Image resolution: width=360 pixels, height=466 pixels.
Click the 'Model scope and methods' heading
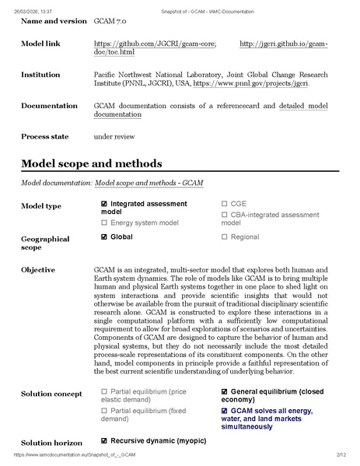pyautogui.click(x=91, y=163)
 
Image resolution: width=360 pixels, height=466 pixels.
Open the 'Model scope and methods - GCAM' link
pyautogui.click(x=149, y=183)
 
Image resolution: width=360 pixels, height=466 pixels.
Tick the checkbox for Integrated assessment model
pyautogui.click(x=104, y=204)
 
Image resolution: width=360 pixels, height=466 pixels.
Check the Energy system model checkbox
pyautogui.click(x=104, y=222)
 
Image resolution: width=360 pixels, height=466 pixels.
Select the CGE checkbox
pyautogui.click(x=225, y=204)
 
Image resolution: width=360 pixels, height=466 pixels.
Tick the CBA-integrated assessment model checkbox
pyautogui.click(x=225, y=214)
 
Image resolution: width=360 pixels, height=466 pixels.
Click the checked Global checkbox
pyautogui.click(x=104, y=237)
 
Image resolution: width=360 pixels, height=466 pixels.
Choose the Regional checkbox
pyautogui.click(x=225, y=237)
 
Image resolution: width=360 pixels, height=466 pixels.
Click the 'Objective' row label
pyautogui.click(x=38, y=270)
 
